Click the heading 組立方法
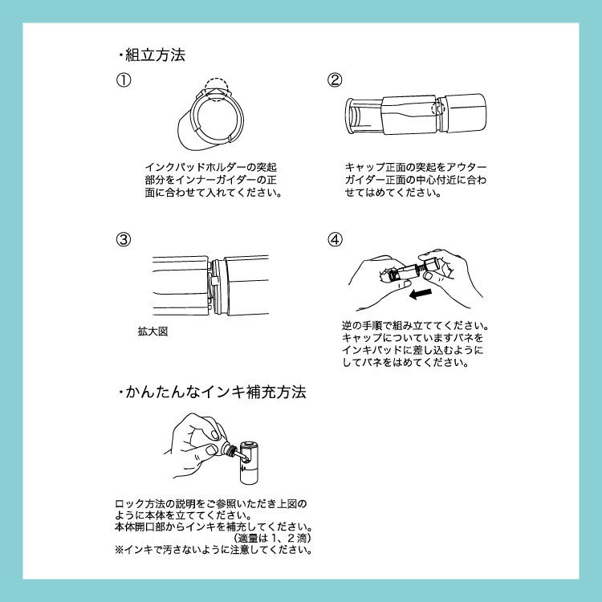tap(155, 55)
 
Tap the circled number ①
tap(124, 79)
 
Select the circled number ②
tap(335, 79)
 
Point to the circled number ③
tap(124, 239)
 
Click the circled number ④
tap(335, 239)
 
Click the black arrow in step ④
tap(421, 294)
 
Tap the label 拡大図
tap(153, 332)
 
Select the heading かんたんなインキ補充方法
tap(216, 392)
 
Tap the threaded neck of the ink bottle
tap(231, 450)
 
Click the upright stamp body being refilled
tap(250, 462)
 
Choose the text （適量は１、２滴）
tap(272, 539)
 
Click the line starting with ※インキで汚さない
tap(214, 550)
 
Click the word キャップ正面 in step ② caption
tap(370, 168)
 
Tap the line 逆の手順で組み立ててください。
tap(416, 326)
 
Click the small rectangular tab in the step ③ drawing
tap(214, 280)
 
